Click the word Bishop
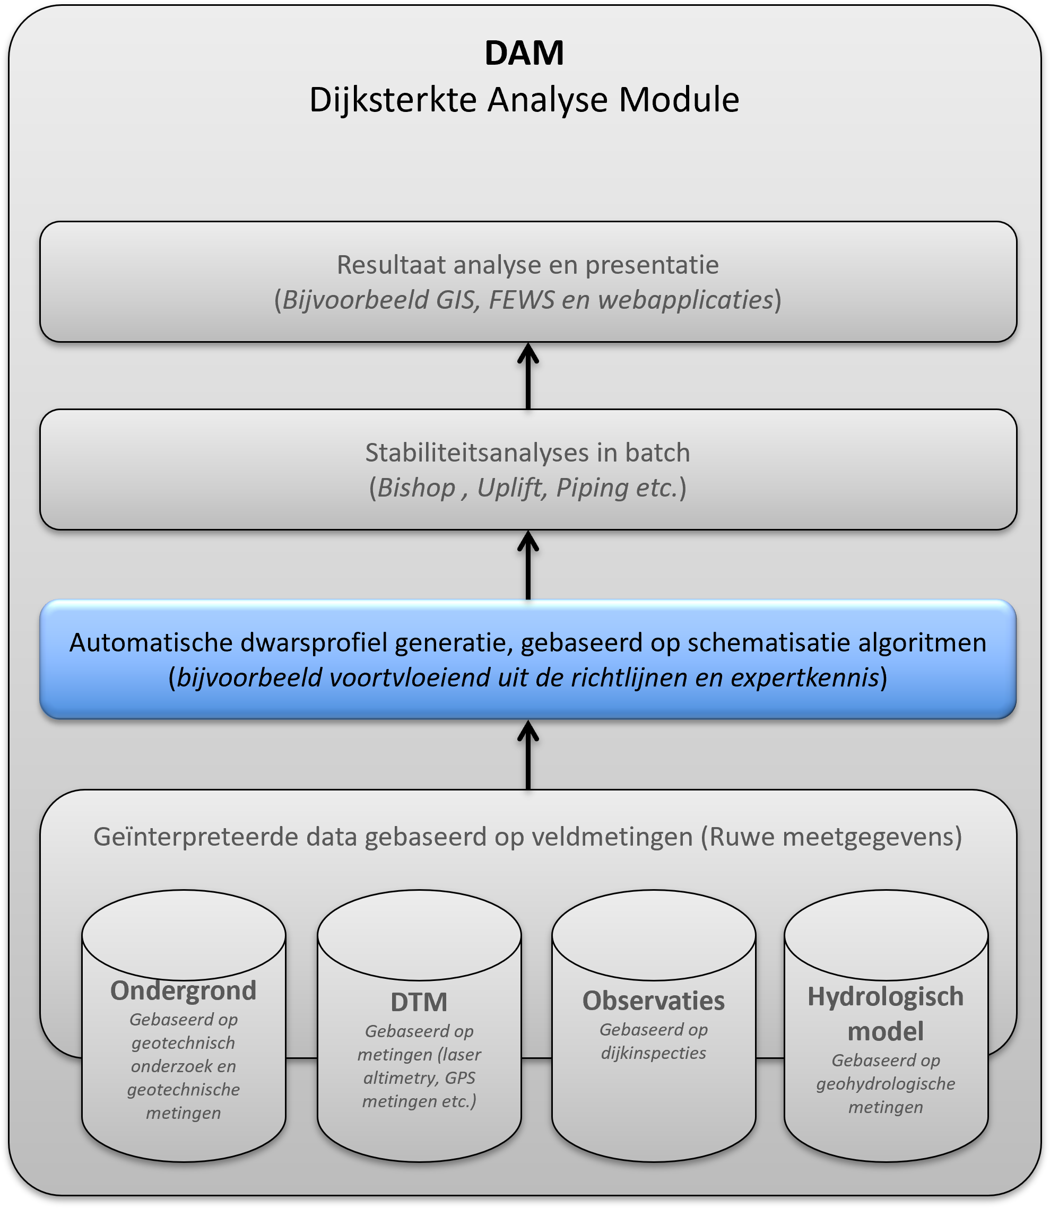416,488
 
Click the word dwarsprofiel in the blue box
316,642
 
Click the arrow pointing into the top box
528,375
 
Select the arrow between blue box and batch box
528,565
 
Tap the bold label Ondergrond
184,990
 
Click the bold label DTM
419,1002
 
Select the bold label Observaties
653,1001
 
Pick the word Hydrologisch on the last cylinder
886,996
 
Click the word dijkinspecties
653,1053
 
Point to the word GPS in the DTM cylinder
460,1077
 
